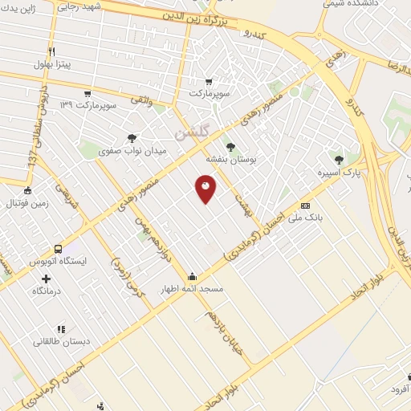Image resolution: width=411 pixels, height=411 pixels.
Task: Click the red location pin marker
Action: (205, 189)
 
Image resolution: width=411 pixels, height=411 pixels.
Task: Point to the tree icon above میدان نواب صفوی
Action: (132, 138)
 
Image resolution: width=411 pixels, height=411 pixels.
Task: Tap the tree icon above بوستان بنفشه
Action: (230, 147)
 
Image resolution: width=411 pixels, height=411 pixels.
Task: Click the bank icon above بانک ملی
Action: (304, 205)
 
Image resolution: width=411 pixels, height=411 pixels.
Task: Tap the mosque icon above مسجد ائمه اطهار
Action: (192, 276)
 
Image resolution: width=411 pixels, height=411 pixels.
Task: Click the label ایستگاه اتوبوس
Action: (58, 262)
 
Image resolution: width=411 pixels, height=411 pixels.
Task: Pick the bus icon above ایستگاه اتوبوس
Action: (58, 249)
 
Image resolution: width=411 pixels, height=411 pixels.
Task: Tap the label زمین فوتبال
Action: (27, 203)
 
